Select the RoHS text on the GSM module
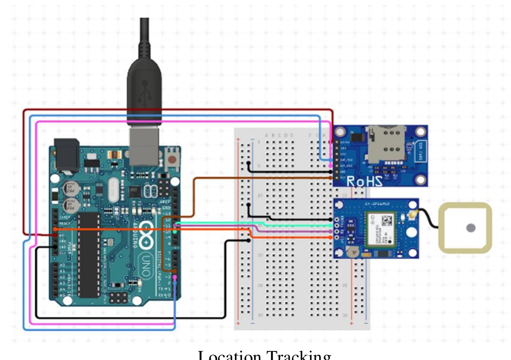[x=365, y=181]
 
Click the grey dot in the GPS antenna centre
[x=470, y=228]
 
